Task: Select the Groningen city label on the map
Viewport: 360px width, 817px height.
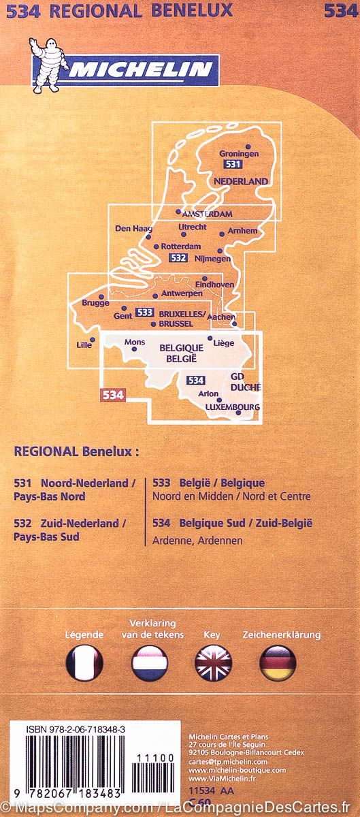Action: [240, 154]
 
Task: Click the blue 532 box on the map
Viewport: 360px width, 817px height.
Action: [178, 258]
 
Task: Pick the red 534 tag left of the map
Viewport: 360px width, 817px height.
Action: [112, 395]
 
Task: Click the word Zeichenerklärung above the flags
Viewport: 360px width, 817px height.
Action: [281, 635]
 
